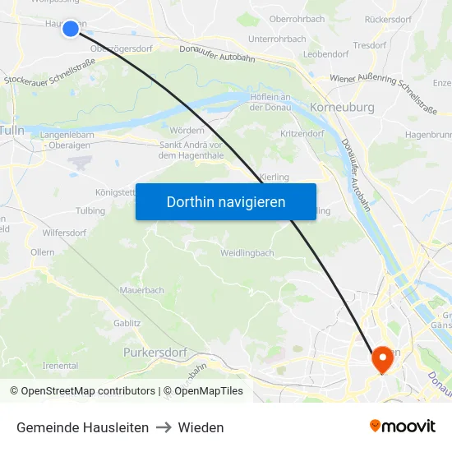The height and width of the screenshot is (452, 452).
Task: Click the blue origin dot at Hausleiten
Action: [x=71, y=29]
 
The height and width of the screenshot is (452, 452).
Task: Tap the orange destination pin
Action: [x=382, y=357]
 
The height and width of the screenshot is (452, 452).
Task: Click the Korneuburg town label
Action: [x=343, y=107]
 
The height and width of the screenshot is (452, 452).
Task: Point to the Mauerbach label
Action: [x=142, y=290]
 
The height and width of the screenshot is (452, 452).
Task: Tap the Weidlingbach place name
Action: [x=247, y=253]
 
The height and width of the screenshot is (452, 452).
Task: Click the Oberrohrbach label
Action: [x=297, y=19]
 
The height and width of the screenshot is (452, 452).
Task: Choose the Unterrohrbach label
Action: [x=277, y=39]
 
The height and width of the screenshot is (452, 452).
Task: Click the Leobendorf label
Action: [x=326, y=53]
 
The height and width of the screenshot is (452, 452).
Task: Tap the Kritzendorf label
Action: [x=302, y=133]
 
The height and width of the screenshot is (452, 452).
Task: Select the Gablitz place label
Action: [x=127, y=323]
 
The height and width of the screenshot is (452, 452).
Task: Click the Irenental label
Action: [x=60, y=366]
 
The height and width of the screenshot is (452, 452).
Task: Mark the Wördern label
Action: [x=187, y=130]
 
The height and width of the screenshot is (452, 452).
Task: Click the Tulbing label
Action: [x=90, y=211]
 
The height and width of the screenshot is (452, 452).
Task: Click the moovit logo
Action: [x=403, y=427]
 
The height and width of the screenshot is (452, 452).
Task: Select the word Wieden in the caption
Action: [x=201, y=427]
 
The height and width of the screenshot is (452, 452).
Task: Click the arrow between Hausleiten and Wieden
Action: [x=164, y=427]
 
